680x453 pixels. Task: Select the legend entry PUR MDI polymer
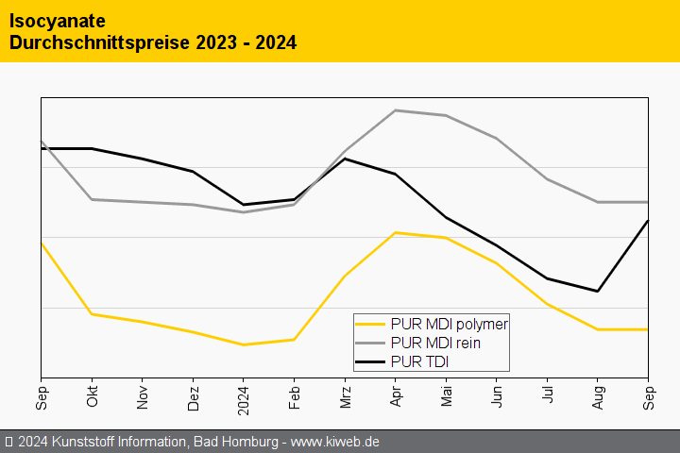[x=449, y=324]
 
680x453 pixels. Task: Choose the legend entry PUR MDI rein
[x=435, y=343]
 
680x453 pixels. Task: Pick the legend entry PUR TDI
[x=419, y=361]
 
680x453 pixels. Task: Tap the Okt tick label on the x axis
[x=93, y=396]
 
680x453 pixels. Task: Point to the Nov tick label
[x=143, y=396]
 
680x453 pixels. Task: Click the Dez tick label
[x=194, y=396]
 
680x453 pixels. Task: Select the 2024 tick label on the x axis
[x=244, y=398]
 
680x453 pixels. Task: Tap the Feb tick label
[x=295, y=396]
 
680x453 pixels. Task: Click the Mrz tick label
[x=346, y=396]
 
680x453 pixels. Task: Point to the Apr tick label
[x=396, y=396]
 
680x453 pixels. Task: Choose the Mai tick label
[x=447, y=396]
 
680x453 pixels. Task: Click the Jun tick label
[x=497, y=396]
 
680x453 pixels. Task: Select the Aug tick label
[x=598, y=396]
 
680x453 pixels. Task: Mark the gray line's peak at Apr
[x=396, y=110]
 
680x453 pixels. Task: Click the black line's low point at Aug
[x=598, y=291]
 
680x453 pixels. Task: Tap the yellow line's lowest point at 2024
[x=244, y=344]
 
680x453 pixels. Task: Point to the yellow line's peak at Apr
[x=396, y=232]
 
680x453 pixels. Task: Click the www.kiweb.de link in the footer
[x=334, y=442]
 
